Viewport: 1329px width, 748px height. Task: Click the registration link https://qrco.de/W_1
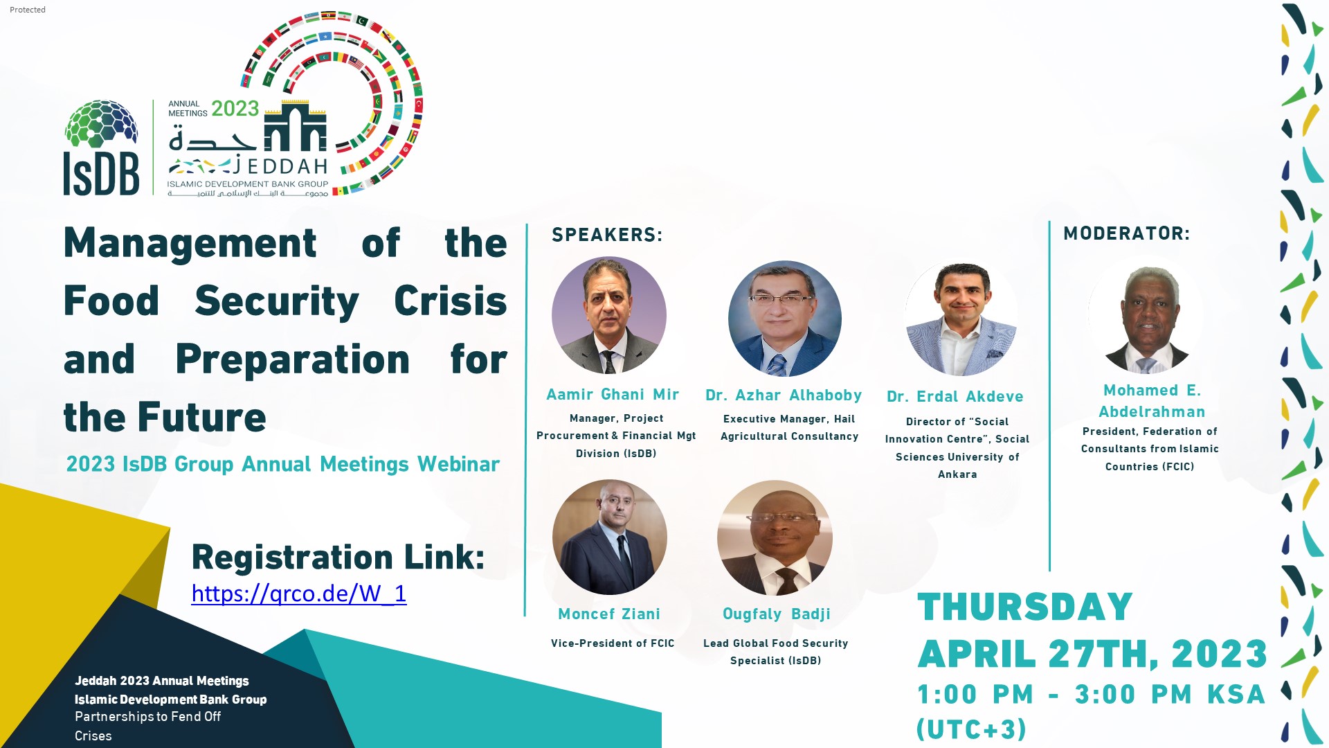point(298,594)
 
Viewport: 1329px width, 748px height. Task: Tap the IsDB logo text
point(101,173)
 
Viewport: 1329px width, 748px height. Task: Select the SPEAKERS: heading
point(607,235)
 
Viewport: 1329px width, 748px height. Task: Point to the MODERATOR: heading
point(1126,234)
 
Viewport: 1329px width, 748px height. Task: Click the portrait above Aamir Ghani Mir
point(609,315)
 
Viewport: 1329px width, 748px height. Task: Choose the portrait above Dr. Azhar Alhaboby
point(785,319)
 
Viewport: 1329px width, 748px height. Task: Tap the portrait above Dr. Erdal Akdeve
point(961,319)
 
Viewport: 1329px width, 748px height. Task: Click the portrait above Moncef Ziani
point(610,537)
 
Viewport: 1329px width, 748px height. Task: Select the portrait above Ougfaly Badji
point(775,537)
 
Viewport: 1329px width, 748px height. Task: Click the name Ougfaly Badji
point(776,614)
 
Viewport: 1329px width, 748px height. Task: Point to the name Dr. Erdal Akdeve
point(955,397)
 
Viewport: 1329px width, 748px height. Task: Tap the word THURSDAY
point(1024,607)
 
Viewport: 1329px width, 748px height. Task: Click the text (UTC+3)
point(971,729)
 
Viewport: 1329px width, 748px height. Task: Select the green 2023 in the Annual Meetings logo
point(235,109)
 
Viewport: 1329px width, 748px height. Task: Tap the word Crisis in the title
point(450,301)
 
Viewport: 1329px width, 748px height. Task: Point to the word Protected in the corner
point(28,10)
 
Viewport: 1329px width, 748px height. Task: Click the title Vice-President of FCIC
point(613,643)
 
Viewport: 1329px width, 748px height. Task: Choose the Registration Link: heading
point(338,558)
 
